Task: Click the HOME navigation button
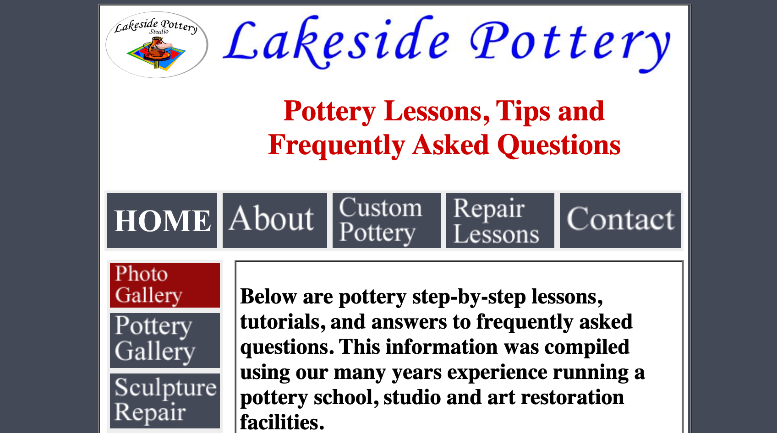(x=162, y=221)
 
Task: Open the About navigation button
(x=274, y=221)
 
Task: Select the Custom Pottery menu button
(x=386, y=221)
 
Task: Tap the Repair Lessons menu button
(x=500, y=221)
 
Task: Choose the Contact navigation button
(x=620, y=221)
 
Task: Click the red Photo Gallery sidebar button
(x=164, y=285)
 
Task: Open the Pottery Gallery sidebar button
(x=164, y=340)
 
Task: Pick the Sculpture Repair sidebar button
(x=164, y=401)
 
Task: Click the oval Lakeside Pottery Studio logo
(x=157, y=45)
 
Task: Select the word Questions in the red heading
(x=559, y=145)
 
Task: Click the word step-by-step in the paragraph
(x=469, y=297)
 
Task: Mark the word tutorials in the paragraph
(x=279, y=322)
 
